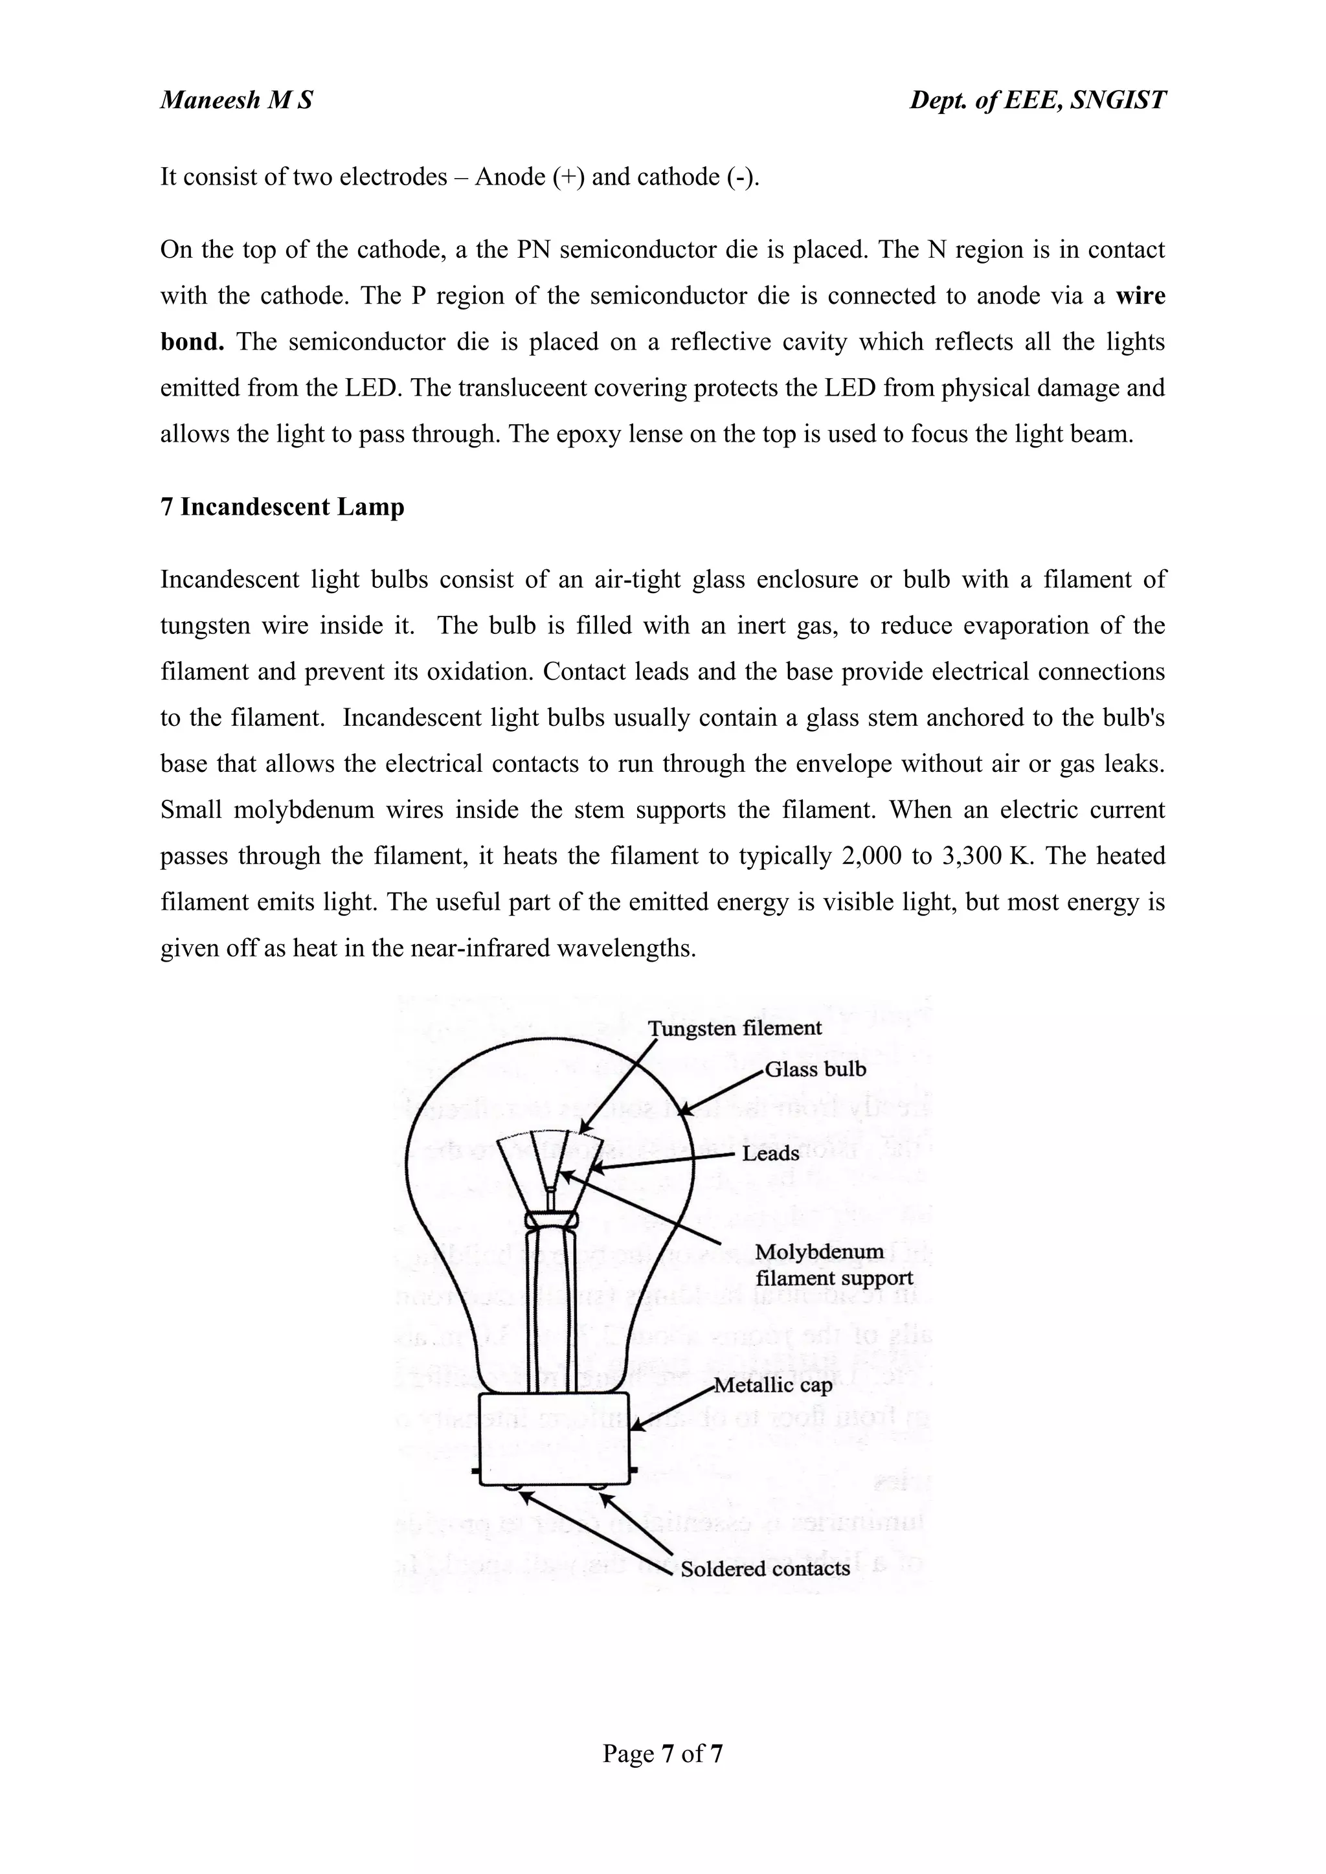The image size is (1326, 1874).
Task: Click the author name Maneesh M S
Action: (236, 100)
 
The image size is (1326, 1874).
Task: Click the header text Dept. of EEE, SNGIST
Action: (1037, 100)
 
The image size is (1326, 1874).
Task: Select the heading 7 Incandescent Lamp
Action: (282, 507)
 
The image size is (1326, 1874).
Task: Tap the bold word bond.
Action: (192, 341)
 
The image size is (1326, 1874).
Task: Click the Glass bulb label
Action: (815, 1070)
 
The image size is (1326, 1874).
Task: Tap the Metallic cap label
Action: (772, 1385)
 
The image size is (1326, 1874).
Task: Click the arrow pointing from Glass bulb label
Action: (722, 1092)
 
